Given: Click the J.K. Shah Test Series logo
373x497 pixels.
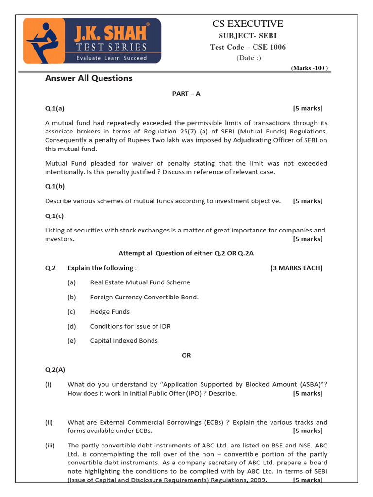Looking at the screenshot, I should coord(92,41).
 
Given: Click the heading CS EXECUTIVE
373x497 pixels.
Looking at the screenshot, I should coord(248,24).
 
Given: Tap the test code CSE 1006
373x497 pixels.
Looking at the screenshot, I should coord(248,47).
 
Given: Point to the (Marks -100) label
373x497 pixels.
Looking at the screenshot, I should coord(310,68).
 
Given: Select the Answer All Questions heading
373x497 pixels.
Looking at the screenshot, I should coord(88,78).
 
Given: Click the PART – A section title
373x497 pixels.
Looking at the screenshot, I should coord(186,94).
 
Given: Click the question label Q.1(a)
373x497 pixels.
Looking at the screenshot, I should coord(55,108).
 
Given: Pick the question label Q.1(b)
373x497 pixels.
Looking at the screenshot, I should coord(55,186).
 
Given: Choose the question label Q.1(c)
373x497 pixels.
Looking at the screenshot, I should coord(55,215).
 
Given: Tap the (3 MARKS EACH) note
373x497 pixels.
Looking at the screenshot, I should coord(296,268).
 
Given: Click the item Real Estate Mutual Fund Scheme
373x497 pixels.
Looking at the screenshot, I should coord(140,282).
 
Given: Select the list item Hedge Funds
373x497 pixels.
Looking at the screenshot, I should coord(110,312).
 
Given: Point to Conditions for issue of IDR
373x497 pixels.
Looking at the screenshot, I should coord(130,326).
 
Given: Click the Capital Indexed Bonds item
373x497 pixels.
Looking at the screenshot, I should coord(124,341).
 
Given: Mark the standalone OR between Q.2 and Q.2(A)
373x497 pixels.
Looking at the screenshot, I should coord(186,355).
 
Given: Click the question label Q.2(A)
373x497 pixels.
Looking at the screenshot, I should coord(55,370).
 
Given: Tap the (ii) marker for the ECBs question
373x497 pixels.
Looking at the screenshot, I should coord(49,422).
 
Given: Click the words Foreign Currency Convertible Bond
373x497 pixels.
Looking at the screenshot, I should coord(144,297).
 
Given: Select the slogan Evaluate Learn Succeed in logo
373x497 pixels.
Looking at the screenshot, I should coord(111,58).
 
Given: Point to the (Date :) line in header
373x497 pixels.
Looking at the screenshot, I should coord(249,58).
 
